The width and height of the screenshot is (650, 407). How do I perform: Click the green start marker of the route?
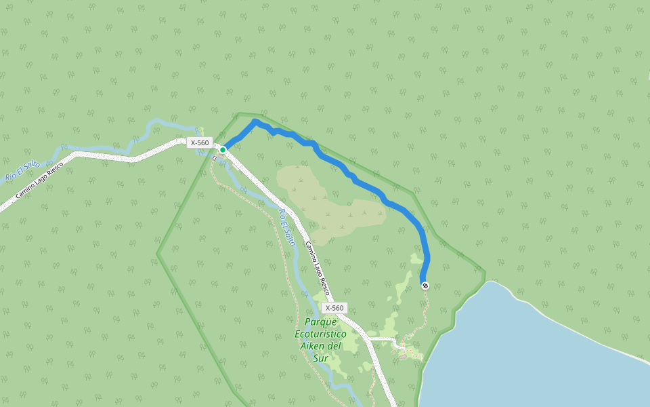click(x=223, y=150)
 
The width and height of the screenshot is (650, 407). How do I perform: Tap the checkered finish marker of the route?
click(x=425, y=286)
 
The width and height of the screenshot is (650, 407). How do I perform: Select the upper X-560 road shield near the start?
click(x=200, y=142)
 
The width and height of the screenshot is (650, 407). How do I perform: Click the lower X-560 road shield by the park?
click(x=334, y=308)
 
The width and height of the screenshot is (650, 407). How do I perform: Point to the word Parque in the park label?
click(x=321, y=322)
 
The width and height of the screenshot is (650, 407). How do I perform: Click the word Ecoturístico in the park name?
click(x=321, y=334)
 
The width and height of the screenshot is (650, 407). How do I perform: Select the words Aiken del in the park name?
click(x=321, y=346)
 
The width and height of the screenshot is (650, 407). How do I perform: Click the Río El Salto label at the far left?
click(x=22, y=171)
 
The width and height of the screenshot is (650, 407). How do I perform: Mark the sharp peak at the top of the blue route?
click(x=255, y=121)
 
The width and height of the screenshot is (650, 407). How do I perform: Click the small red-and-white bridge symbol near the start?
click(x=215, y=159)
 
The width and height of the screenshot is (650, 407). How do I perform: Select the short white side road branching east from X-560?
click(x=381, y=338)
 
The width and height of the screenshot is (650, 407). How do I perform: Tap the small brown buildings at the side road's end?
click(x=404, y=353)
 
